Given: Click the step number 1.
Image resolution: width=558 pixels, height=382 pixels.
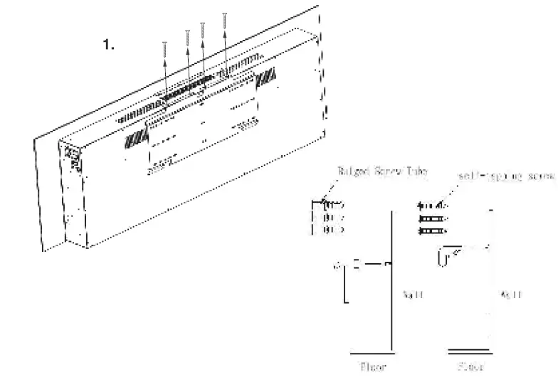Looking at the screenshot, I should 108,45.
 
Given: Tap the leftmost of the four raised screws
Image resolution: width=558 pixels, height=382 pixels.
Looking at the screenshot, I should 164,54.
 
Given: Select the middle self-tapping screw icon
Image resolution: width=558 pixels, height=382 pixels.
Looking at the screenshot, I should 431,218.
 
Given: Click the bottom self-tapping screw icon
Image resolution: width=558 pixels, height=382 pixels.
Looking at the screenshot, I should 431,230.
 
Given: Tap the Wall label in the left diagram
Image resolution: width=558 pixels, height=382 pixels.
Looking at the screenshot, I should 413,294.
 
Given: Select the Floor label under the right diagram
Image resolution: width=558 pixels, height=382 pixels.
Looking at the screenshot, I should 471,368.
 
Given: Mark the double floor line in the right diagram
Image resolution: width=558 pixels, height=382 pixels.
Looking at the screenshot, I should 470,351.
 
